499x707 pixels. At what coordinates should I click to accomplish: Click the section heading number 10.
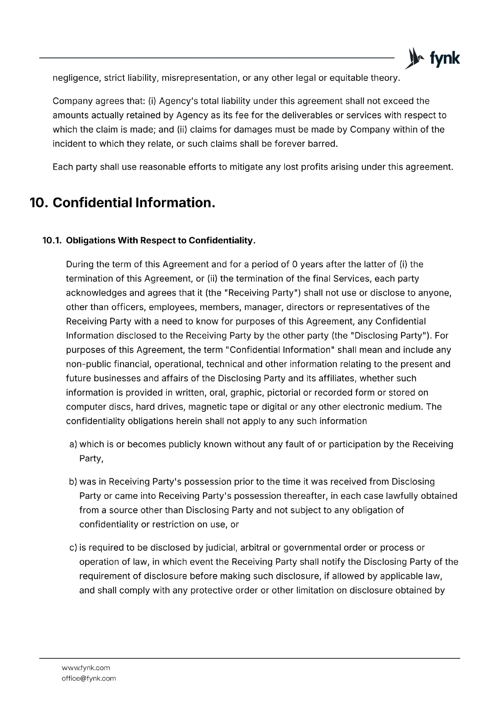tap(38, 203)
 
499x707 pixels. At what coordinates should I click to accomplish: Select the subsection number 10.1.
tap(51, 240)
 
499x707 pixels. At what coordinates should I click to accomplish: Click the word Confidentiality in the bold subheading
tap(222, 240)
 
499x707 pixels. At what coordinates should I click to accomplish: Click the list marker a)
tap(73, 444)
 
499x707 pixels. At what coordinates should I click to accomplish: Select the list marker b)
tap(73, 481)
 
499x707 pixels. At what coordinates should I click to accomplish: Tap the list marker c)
tap(73, 547)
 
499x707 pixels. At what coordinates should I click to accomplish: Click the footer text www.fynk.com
tap(86, 668)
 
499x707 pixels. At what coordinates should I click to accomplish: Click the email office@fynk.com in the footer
tap(89, 678)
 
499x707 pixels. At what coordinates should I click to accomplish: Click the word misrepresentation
tap(200, 78)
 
